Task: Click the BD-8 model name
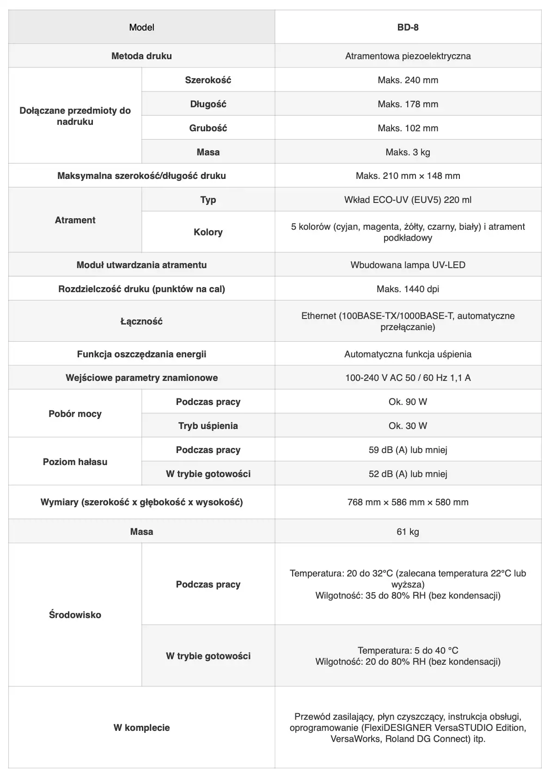[x=408, y=27]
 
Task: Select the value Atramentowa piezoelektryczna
[x=408, y=56]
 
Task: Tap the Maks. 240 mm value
[x=408, y=80]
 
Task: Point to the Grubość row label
[x=208, y=128]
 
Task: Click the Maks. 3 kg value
[x=408, y=152]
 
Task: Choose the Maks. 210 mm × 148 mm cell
[x=408, y=176]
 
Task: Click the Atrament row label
[x=75, y=220]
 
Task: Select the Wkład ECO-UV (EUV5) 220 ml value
[x=408, y=200]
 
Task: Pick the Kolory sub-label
[x=208, y=232]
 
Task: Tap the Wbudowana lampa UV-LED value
[x=408, y=265]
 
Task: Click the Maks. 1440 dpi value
[x=408, y=289]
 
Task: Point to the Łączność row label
[x=141, y=321]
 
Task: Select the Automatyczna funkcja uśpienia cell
[x=408, y=354]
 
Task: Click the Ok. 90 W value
[x=408, y=402]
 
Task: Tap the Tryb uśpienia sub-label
[x=208, y=426]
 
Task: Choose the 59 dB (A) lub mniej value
[x=408, y=450]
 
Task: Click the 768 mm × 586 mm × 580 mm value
[x=408, y=502]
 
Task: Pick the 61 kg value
[x=408, y=532]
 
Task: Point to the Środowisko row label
[x=75, y=615]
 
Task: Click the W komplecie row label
[x=141, y=728]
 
